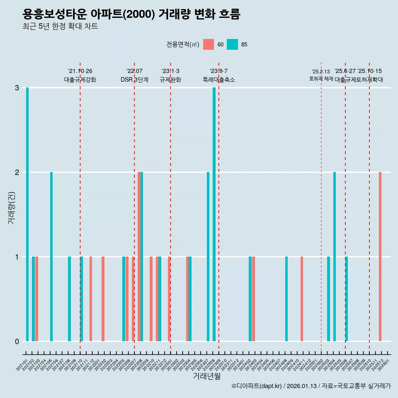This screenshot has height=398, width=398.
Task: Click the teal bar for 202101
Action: point(27,214)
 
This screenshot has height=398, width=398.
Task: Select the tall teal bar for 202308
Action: point(214,214)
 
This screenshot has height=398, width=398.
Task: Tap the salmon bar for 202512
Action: point(380,257)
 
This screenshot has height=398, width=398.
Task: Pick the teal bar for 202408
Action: point(286,299)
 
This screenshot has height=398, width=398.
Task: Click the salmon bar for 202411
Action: point(302,299)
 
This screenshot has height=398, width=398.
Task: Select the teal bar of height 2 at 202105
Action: point(51,257)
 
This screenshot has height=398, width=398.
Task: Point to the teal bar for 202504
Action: point(335,257)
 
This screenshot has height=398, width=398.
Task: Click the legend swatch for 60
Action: point(209,44)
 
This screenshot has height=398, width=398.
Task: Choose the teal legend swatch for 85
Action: point(233,44)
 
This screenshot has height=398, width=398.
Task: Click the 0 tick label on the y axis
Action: point(17,342)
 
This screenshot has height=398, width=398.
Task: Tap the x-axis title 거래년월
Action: point(206,376)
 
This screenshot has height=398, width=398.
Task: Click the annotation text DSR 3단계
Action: point(134,80)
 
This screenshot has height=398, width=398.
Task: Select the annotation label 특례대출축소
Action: point(218,80)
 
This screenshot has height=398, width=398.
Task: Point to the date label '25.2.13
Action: point(321,72)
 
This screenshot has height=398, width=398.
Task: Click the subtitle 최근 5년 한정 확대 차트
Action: point(60,27)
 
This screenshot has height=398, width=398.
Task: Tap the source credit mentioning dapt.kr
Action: point(311,386)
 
